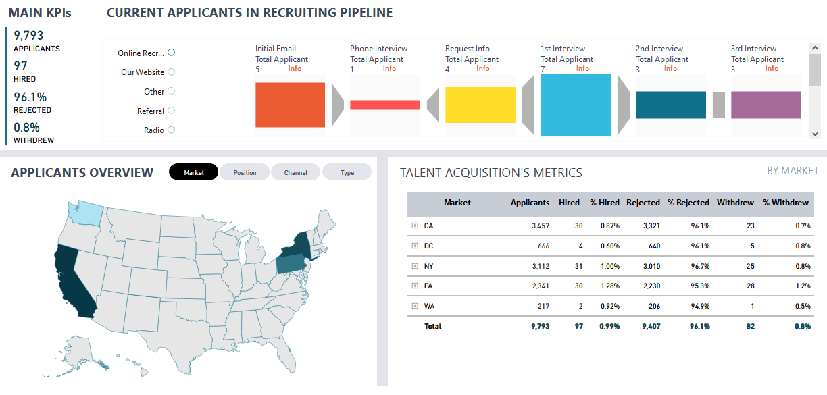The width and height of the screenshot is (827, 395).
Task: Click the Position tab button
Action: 245,172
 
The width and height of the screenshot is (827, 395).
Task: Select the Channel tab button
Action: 295,172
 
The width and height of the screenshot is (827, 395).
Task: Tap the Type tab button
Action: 347,172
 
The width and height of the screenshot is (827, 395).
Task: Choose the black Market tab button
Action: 194,172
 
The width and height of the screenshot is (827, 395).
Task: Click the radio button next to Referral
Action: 171,111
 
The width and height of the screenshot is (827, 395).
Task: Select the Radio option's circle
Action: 171,130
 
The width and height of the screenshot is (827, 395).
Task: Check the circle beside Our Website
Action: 171,72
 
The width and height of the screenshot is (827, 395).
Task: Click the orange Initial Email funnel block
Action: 290,105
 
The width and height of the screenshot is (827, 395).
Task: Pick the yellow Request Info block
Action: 480,105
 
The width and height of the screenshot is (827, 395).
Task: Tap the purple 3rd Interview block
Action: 766,105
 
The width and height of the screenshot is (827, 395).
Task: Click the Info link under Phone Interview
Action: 389,68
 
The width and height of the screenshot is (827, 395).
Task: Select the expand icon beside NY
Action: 414,266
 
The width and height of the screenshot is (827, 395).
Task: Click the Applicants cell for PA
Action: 540,286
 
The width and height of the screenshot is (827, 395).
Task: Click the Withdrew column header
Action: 735,203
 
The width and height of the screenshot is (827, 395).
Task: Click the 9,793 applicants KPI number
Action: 28,35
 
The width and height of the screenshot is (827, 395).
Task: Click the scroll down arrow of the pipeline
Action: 815,134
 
